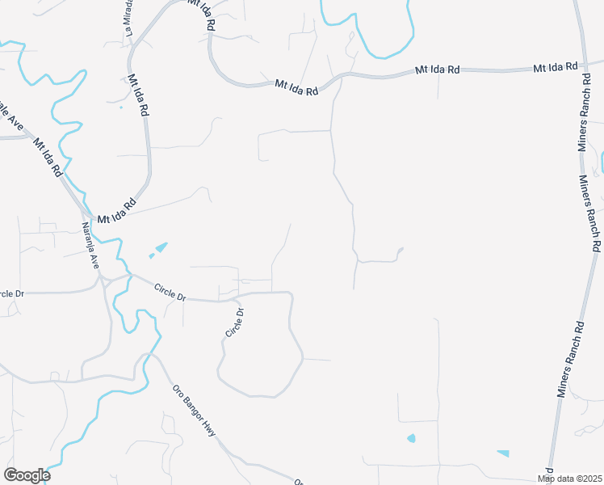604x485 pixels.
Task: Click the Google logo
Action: point(27,475)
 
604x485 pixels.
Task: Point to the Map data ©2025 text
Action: point(569,479)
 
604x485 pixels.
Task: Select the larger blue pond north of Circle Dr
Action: point(161,247)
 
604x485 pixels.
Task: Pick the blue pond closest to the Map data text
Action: point(503,453)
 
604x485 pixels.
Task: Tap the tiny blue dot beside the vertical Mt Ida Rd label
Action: point(120,107)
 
